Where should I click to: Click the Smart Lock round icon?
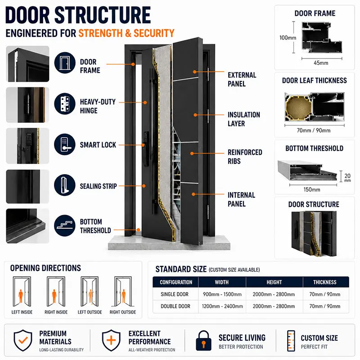(x=65, y=144)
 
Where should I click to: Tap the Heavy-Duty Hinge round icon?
(x=65, y=103)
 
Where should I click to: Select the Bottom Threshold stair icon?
(x=65, y=225)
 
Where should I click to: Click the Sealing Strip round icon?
(x=65, y=185)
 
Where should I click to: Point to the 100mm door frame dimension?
(x=288, y=38)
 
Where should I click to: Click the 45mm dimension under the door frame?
(x=321, y=63)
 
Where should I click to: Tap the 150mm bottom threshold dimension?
(x=312, y=189)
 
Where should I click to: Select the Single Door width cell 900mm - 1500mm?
(x=222, y=294)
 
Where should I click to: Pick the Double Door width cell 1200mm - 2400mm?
(x=222, y=306)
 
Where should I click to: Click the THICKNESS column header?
(x=324, y=282)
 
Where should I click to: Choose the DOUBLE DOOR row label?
(x=175, y=306)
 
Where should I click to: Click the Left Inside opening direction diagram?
(x=22, y=292)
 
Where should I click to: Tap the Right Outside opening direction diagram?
(x=123, y=292)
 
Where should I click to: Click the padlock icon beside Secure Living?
(x=203, y=341)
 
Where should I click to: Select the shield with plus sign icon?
(x=111, y=340)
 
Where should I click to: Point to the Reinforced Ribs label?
(x=245, y=157)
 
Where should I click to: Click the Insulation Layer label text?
(x=244, y=119)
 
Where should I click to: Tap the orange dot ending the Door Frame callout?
(x=133, y=64)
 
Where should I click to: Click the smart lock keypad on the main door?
(x=145, y=137)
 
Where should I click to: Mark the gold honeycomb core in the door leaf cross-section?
(x=298, y=107)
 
